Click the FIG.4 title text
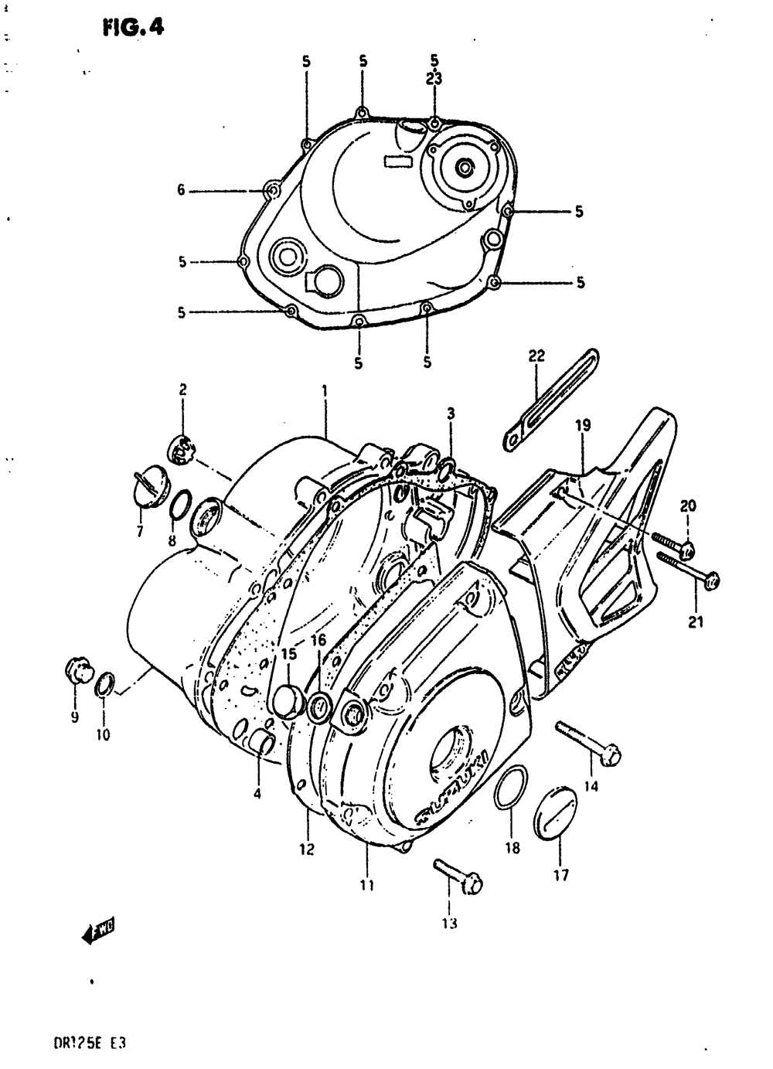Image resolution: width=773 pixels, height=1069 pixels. pyautogui.click(x=132, y=28)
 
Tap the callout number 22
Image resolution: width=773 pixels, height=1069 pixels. pyautogui.click(x=536, y=356)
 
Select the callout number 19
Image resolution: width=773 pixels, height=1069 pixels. pyautogui.click(x=583, y=424)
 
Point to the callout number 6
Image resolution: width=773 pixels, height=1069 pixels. pyautogui.click(x=181, y=189)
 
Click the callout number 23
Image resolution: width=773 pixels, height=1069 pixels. pyautogui.click(x=434, y=78)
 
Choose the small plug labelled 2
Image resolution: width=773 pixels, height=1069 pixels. pyautogui.click(x=181, y=449)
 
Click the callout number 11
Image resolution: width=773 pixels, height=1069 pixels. pyautogui.click(x=366, y=885)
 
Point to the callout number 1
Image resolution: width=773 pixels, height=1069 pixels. pyautogui.click(x=325, y=391)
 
